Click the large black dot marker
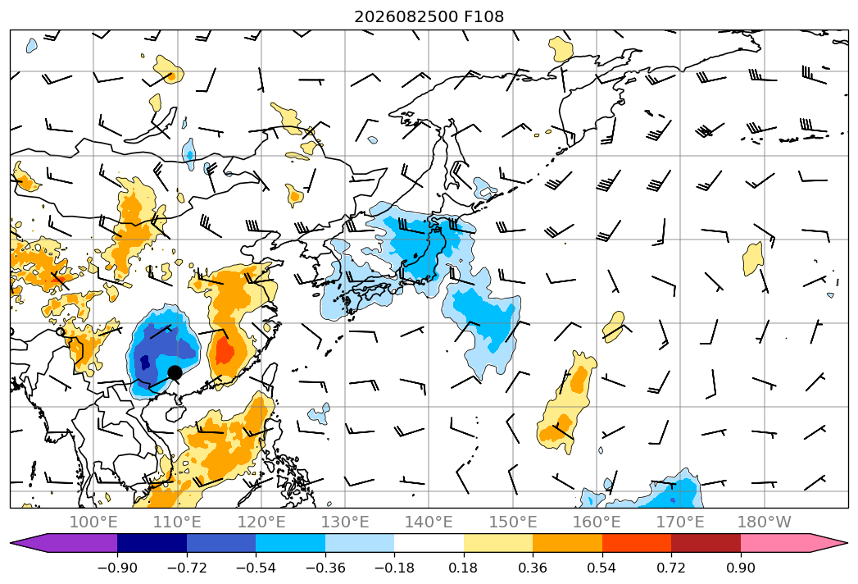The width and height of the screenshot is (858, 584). (175, 372)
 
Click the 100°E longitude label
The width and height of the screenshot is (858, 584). (93, 522)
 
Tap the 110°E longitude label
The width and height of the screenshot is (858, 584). (177, 522)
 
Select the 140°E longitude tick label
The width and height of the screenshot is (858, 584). (429, 522)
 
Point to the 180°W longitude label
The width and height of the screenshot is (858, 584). (764, 522)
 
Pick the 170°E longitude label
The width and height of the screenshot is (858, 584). (680, 522)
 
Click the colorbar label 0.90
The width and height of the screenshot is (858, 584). (740, 568)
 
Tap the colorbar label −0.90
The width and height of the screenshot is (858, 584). (117, 568)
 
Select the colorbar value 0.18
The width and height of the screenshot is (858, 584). (464, 568)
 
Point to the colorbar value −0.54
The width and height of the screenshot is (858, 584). (256, 568)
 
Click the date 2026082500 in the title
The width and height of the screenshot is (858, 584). (406, 16)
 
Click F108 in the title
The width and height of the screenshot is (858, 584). (483, 16)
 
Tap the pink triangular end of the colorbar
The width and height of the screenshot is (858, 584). (829, 542)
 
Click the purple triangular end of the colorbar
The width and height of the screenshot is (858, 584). (29, 542)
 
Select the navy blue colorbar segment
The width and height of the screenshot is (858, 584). (152, 542)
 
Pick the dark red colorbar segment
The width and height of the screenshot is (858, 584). (706, 542)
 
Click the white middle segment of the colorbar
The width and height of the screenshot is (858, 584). (429, 542)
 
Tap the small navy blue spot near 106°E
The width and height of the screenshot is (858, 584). (145, 362)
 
